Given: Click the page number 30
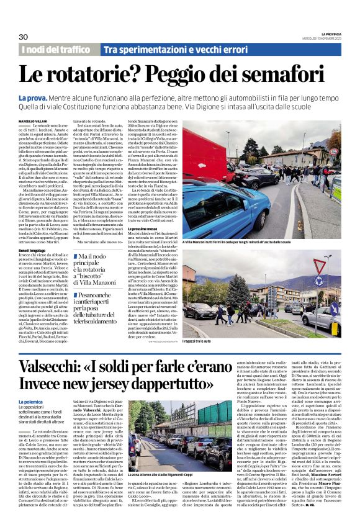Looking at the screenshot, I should coord(24,37).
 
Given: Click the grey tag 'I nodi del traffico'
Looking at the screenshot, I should coord(56,49).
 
